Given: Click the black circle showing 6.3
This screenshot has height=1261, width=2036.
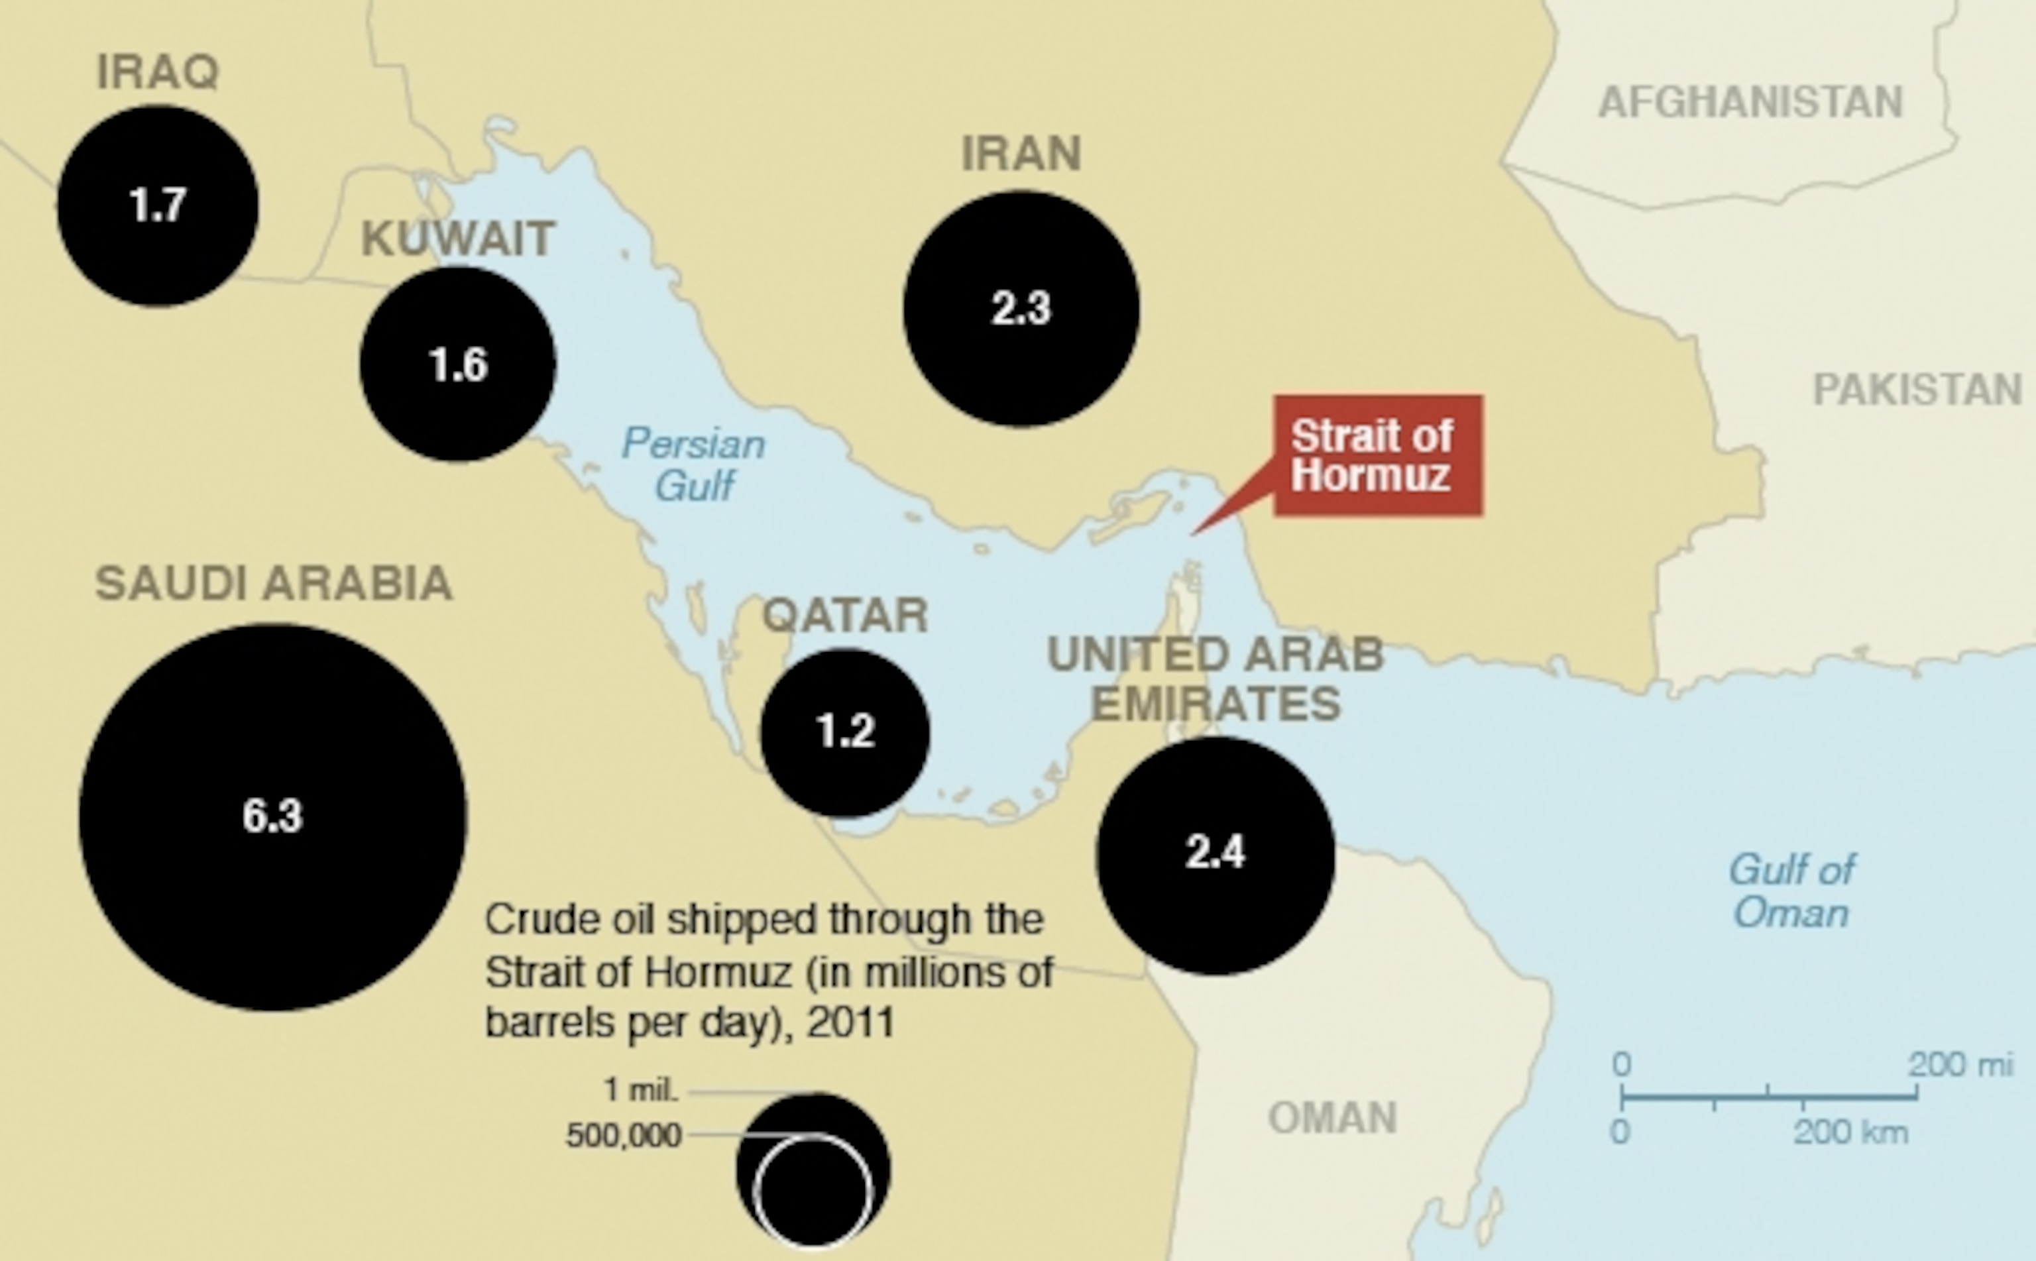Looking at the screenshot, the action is (273, 817).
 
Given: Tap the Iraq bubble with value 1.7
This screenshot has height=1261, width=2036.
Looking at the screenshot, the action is (158, 205).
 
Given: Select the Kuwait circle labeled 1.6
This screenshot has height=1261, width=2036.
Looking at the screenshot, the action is (458, 364).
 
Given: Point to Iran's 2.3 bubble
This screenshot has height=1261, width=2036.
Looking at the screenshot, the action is (1021, 309).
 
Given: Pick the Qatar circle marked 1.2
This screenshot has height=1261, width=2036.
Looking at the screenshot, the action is (845, 732).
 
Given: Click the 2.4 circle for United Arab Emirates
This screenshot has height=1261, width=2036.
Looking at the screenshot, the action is (1216, 854).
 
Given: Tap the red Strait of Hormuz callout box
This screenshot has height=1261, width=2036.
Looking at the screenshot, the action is (1378, 455).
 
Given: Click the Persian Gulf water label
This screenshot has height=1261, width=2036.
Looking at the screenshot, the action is (693, 464).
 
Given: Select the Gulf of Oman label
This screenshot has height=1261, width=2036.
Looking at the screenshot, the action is (1791, 891).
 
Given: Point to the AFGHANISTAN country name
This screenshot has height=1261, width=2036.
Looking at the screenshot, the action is (1750, 103).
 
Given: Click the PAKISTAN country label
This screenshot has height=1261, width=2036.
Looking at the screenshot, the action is (1917, 390).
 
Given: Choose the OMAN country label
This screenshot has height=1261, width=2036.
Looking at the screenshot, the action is (1332, 1118).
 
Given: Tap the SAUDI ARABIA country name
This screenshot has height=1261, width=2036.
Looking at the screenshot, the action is (274, 583).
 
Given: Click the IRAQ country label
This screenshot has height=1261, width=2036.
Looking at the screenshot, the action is (158, 72).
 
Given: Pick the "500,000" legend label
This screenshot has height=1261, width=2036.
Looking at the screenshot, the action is (624, 1135).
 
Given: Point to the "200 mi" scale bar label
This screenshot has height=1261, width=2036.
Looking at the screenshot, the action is (1960, 1065).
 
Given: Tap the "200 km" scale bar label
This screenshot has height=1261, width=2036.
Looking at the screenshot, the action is (1850, 1132).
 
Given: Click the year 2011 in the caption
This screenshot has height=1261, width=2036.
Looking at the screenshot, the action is (851, 1022).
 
